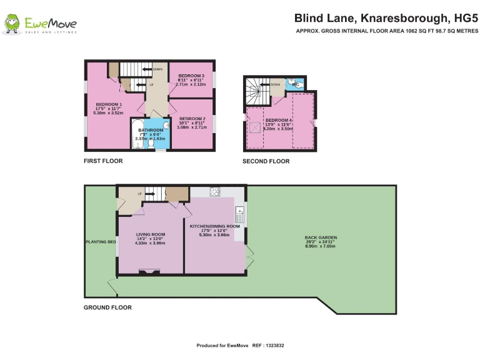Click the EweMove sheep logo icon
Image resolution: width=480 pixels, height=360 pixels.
[x=12, y=24]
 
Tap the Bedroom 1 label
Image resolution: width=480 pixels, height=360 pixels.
[x=108, y=104]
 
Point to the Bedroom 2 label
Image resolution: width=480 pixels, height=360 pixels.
[x=192, y=118]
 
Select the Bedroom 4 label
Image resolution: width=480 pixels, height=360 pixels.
[x=279, y=119]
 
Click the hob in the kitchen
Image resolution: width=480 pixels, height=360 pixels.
[x=215, y=191]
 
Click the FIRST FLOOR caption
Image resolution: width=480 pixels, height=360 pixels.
[x=103, y=161]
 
